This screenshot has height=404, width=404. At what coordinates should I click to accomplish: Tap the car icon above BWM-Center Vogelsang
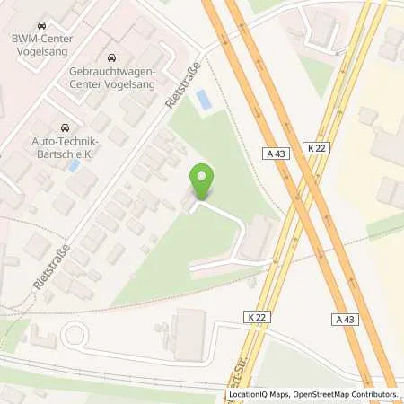coord(42,26)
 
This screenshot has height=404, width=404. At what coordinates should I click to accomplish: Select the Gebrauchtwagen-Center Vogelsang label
coord(112,77)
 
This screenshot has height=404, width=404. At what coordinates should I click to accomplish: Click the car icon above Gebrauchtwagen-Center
coord(111,58)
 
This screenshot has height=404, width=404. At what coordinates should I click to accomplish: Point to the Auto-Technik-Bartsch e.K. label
coord(64,149)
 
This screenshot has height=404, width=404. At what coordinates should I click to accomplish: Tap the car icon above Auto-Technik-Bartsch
coord(64,128)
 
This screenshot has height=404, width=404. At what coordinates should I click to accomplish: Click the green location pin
coord(204,181)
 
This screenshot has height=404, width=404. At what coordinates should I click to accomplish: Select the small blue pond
coord(205,100)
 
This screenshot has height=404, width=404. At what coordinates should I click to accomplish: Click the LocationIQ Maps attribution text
coord(261,394)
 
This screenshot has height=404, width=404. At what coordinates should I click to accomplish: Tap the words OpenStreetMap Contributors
coord(347,394)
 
